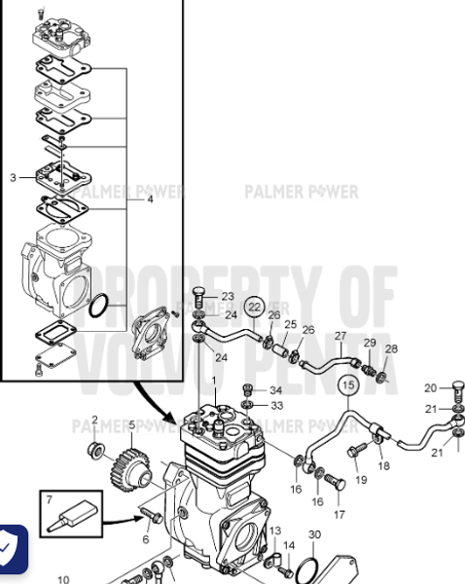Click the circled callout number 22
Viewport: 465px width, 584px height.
tap(254, 306)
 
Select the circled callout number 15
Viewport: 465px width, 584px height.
tap(347, 386)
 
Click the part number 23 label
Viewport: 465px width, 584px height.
tap(228, 296)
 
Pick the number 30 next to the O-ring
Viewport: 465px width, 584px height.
tap(313, 535)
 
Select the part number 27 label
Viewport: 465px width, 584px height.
tap(340, 336)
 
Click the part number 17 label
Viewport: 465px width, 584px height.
tap(340, 514)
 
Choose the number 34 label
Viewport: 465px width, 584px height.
tap(276, 390)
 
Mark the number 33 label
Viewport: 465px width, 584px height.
tap(276, 405)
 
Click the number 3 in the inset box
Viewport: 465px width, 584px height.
tap(13, 177)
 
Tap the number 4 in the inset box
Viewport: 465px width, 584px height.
tap(150, 200)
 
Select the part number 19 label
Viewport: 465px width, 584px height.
tap(360, 480)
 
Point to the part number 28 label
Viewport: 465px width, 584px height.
tap(391, 348)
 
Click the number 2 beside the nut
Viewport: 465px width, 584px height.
tap(94, 420)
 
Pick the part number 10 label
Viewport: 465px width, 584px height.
tap(62, 579)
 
